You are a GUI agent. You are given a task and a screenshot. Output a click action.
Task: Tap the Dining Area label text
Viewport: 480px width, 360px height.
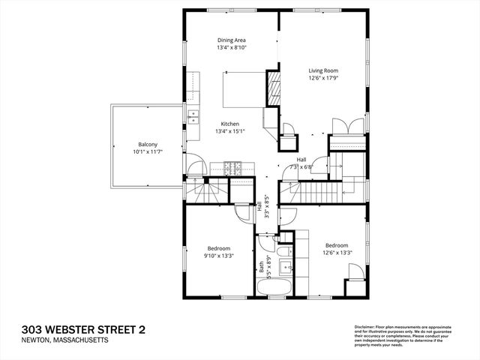pos(232,40)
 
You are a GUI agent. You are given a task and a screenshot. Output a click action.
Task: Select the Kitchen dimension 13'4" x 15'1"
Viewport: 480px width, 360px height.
pos(229,132)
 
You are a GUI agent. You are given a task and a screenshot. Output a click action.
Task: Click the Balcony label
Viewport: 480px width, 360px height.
pos(146,144)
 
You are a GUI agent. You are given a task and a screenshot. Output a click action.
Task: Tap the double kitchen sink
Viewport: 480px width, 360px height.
pos(193,115)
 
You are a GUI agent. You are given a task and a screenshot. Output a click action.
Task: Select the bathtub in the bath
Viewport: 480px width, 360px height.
pos(273,287)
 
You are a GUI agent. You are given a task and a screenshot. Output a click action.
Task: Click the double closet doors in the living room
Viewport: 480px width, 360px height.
pos(340,126)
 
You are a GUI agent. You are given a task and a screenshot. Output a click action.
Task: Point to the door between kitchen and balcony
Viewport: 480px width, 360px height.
pos(194,166)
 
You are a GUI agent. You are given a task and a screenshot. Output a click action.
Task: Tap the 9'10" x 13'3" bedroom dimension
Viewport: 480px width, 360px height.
pos(219,256)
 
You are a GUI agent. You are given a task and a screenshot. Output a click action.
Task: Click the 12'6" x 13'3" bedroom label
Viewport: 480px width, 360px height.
pos(336,245)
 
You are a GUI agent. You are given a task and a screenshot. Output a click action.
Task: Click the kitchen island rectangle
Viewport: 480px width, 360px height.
pos(241,89)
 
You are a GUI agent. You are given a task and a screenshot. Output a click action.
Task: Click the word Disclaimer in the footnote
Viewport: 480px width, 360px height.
pos(364,327)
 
